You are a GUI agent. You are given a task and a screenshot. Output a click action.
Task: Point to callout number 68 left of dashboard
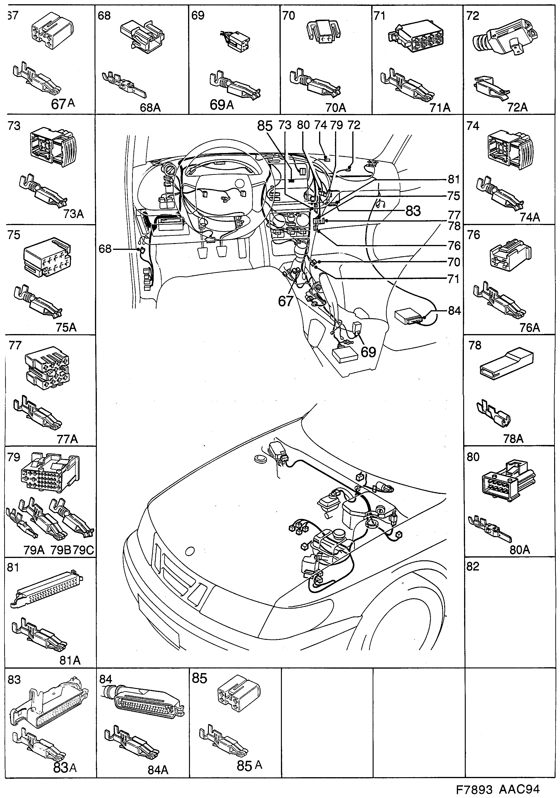click(x=105, y=249)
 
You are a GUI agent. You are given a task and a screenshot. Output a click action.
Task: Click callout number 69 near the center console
click(x=368, y=352)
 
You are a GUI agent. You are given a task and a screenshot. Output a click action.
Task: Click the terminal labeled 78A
click(x=513, y=439)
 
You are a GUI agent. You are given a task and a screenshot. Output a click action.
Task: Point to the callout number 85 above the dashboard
click(x=265, y=126)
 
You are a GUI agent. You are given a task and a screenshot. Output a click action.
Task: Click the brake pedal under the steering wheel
click(x=223, y=251)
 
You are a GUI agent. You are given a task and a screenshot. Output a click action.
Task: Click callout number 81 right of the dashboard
click(x=454, y=179)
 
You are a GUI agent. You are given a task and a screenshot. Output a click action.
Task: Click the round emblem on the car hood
click(x=190, y=551)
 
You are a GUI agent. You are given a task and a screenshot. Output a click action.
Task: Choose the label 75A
click(x=66, y=327)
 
